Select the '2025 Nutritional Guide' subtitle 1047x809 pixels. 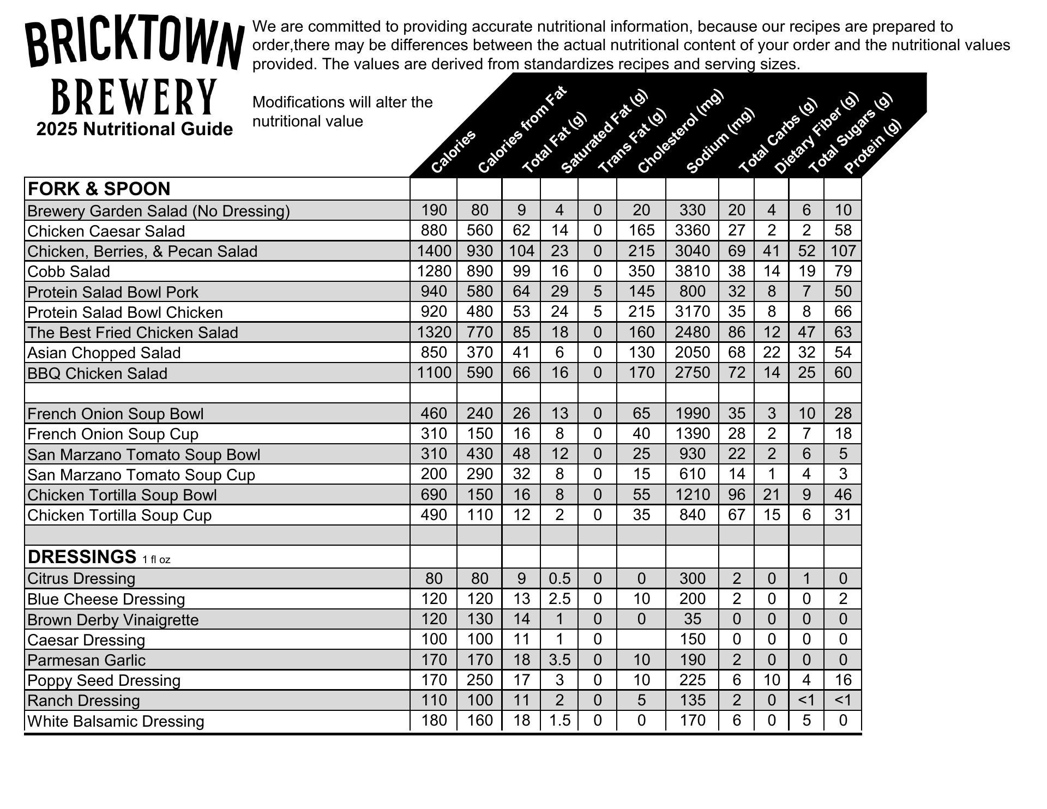coord(135,129)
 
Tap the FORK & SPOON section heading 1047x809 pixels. coord(99,189)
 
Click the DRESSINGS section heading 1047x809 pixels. coord(82,557)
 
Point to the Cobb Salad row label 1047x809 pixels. coord(69,271)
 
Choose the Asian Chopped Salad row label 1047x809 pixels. coord(104,353)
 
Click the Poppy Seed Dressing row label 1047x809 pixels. coord(104,680)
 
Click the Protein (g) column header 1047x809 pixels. coord(872,146)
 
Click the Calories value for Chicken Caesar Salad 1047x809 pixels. coord(434,230)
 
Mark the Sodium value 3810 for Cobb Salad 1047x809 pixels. coord(692,271)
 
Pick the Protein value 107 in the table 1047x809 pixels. coord(843,251)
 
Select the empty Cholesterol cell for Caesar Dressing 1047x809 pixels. coord(641,639)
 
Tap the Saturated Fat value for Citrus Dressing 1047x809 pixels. coord(559,578)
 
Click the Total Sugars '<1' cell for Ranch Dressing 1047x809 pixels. coord(806,700)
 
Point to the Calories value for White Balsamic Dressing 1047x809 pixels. coord(434,720)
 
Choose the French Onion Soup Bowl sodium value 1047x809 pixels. coord(692,413)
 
